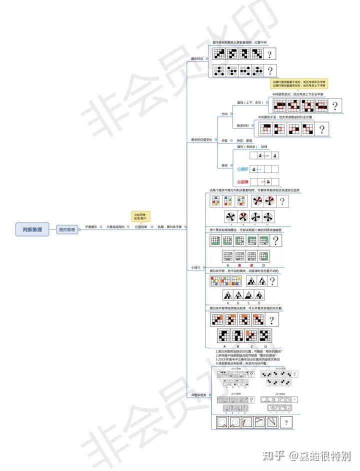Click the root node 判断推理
tap(32, 229)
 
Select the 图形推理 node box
tap(66, 230)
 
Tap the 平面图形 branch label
tap(90, 227)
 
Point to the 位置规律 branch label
tap(141, 227)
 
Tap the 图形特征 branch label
tap(198, 58)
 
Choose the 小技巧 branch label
tap(195, 268)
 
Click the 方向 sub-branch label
tap(224, 114)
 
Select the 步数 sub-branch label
tap(224, 140)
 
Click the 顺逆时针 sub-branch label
tap(242, 125)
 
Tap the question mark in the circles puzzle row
tap(270, 70)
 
